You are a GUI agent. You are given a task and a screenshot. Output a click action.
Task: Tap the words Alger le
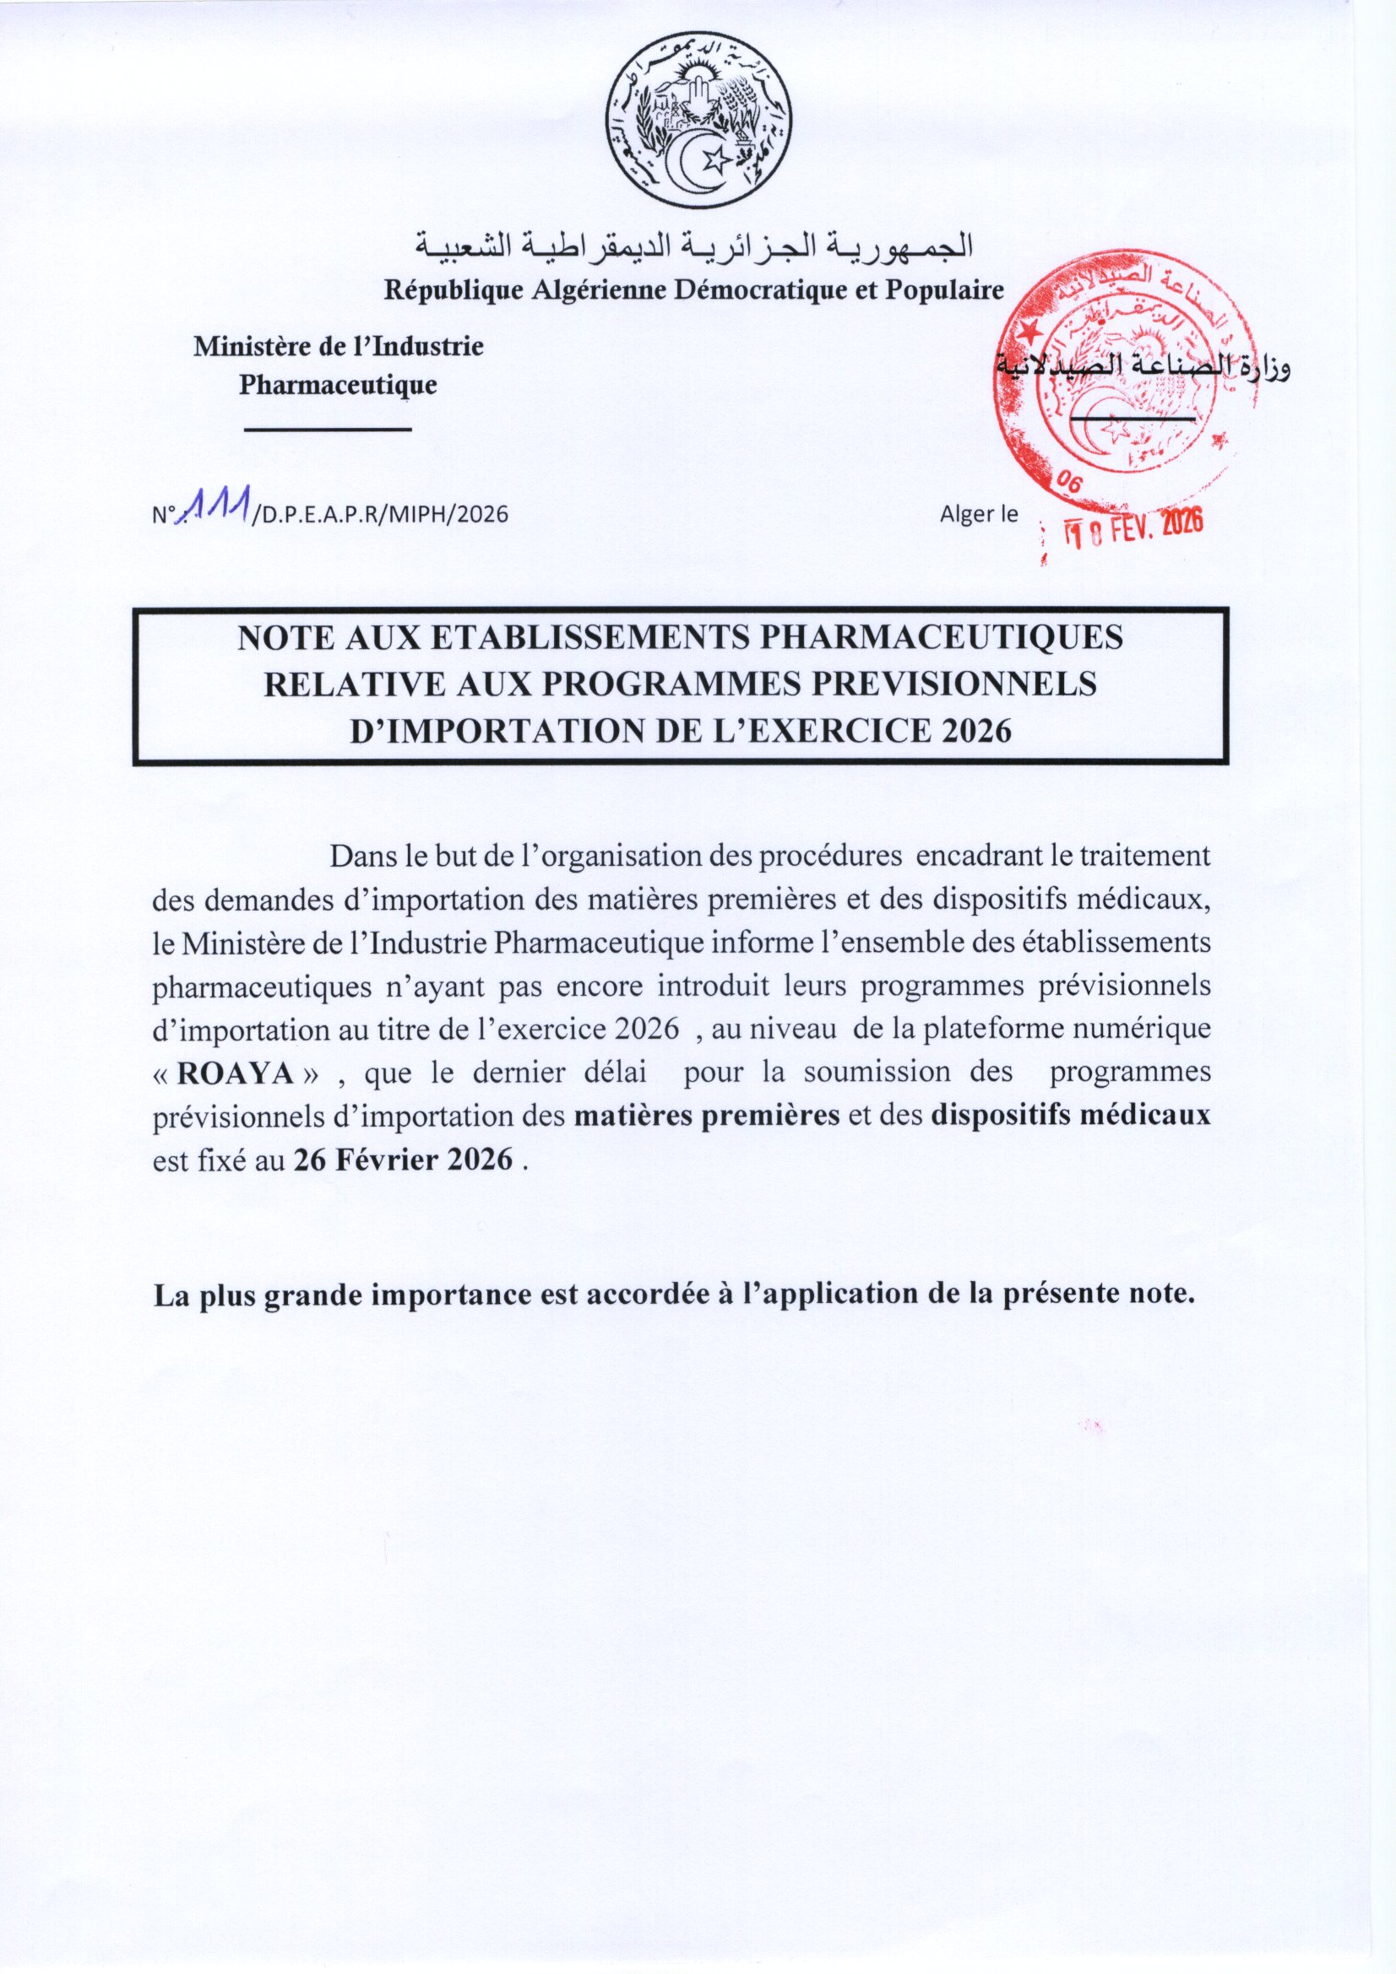(979, 514)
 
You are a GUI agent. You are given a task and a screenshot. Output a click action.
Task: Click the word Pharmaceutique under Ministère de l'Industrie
(337, 384)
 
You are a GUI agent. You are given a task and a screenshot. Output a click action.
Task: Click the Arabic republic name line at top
(694, 247)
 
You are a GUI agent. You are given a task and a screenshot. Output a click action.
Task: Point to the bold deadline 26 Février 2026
(404, 1160)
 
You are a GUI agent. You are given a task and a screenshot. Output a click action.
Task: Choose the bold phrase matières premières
(706, 1116)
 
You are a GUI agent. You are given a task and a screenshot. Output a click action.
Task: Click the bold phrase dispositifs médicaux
(1070, 1116)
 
